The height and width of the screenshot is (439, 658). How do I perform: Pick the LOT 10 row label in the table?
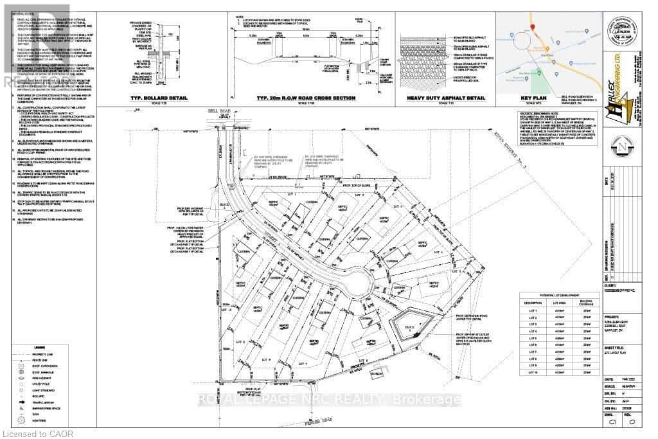[531, 373]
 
